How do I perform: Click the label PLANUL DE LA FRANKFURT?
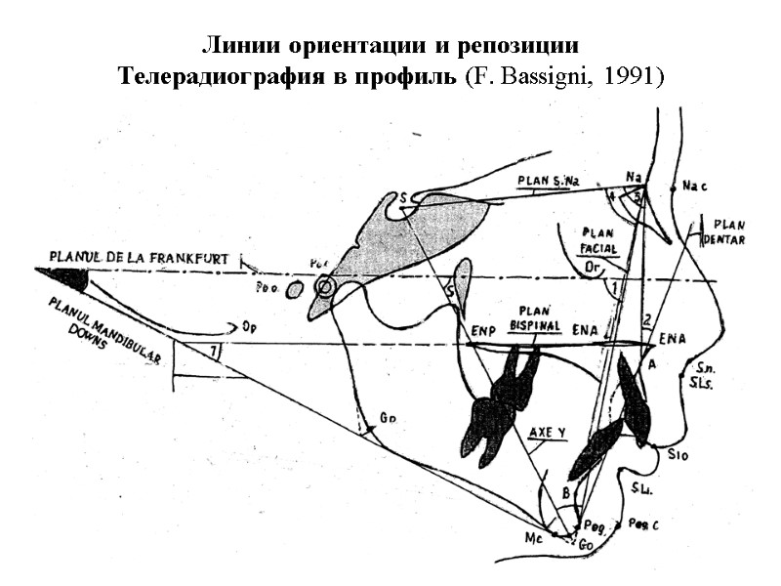pos(138,258)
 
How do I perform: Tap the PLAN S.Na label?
pos(544,184)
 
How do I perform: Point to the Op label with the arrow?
pos(249,326)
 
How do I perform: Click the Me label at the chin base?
pos(534,536)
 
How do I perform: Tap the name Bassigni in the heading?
pos(551,76)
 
